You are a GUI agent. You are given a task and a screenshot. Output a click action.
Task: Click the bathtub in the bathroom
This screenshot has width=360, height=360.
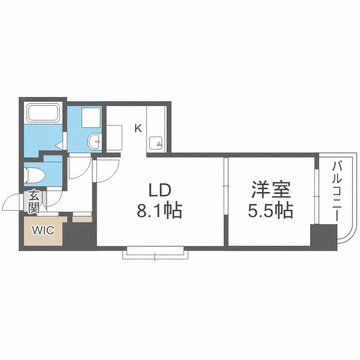(43, 114)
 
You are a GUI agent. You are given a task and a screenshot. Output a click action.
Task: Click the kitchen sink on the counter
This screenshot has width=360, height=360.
(156, 143)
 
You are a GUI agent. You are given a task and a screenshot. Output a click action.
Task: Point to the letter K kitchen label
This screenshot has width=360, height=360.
(138, 129)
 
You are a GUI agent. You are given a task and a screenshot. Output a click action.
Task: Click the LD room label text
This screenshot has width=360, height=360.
(159, 191)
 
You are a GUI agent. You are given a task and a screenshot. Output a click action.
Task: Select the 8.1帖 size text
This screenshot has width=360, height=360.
(159, 210)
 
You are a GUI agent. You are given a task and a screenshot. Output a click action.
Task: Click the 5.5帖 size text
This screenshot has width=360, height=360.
(271, 210)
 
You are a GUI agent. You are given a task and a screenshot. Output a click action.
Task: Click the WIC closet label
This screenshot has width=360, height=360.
(43, 230)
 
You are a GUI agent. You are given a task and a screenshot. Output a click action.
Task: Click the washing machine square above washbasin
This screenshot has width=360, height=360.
(90, 117)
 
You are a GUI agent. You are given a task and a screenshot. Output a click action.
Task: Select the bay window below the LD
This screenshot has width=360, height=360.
(155, 252)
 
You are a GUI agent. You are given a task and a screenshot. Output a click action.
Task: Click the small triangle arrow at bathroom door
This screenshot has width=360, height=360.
(59, 144)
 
